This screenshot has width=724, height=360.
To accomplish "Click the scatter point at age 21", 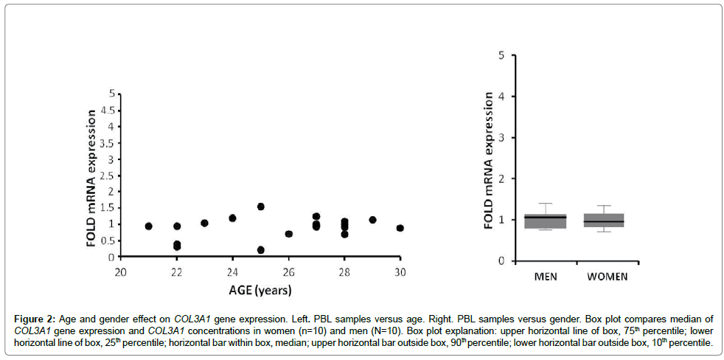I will click(x=149, y=226).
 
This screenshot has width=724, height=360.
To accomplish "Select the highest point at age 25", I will click(x=261, y=207).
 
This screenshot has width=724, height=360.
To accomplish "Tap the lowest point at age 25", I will click(x=261, y=250).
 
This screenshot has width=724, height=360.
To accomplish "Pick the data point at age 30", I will click(x=400, y=229).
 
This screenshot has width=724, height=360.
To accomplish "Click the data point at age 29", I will click(x=372, y=220).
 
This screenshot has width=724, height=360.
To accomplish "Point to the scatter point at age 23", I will click(x=205, y=223).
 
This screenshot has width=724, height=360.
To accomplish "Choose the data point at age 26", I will click(x=289, y=234).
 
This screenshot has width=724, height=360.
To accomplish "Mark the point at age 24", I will click(x=233, y=218).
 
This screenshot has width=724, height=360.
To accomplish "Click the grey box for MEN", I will click(x=545, y=221).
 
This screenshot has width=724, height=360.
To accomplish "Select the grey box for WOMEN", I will click(x=604, y=220).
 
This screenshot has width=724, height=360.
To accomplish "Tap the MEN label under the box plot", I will click(x=545, y=277).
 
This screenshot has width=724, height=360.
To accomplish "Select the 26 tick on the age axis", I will click(x=289, y=269).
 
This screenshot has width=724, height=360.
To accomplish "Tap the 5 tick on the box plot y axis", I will click(x=500, y=55).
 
